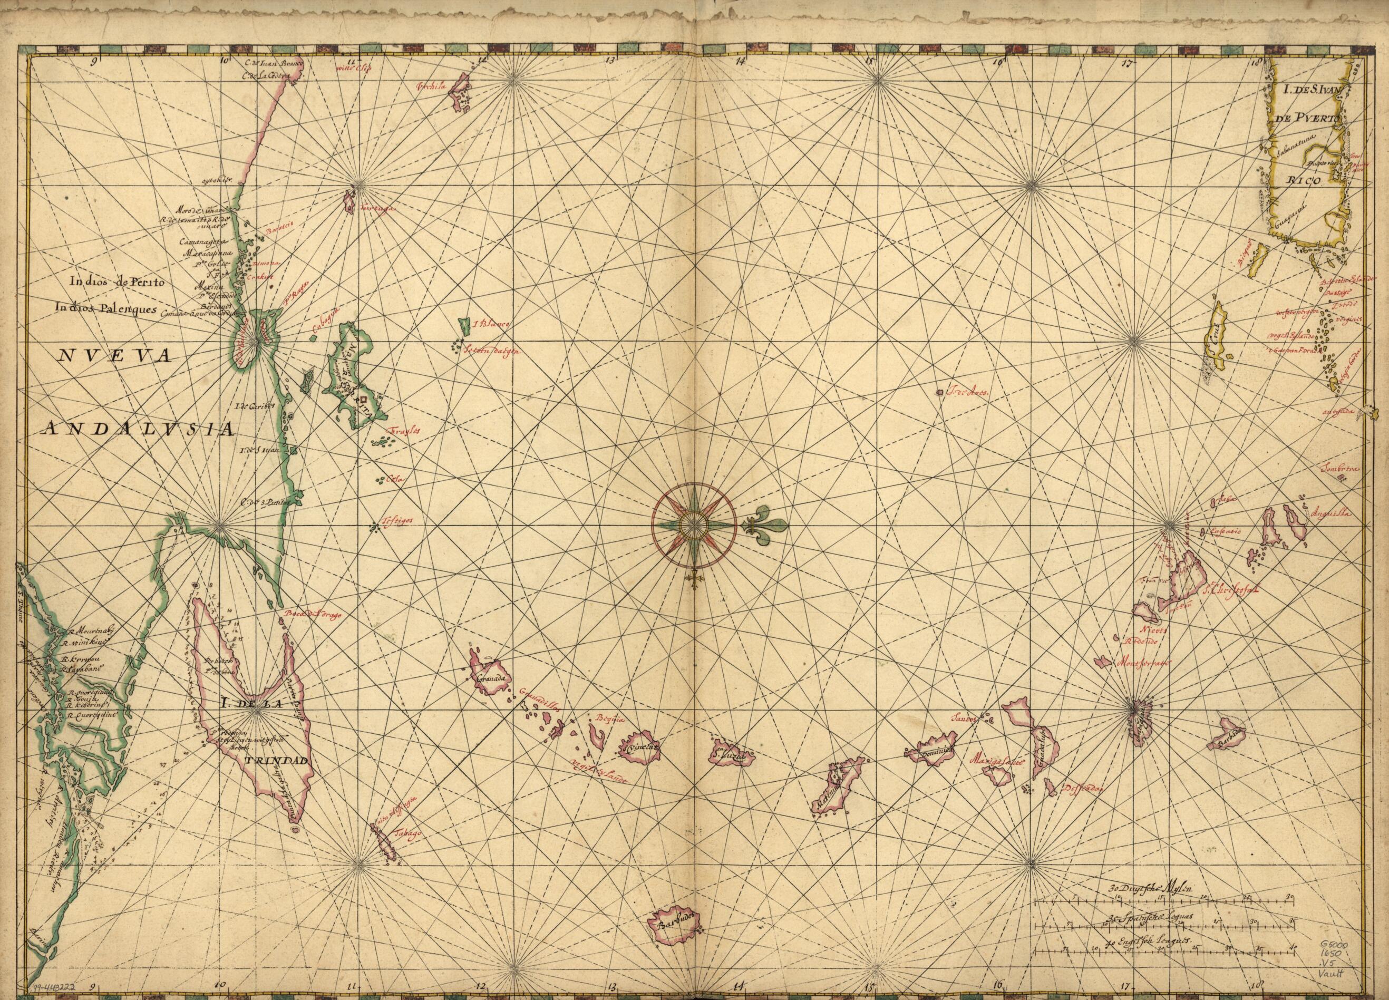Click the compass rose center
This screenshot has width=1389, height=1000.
click(693, 525)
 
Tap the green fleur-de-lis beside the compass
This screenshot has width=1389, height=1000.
click(766, 525)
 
